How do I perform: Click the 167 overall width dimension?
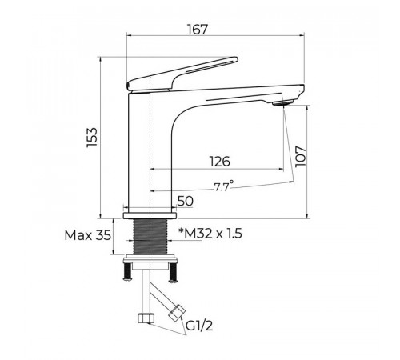tap(197, 30)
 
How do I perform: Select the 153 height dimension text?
tap(92, 137)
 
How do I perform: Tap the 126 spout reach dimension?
tap(219, 162)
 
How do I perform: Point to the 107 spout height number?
tap(301, 156)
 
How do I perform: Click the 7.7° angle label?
tap(224, 186)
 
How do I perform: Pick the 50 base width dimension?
tap(186, 201)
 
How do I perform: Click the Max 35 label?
tap(88, 235)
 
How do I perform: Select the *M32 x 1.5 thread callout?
tap(210, 234)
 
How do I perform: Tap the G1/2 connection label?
tap(199, 326)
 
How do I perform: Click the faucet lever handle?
tap(182, 74)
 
